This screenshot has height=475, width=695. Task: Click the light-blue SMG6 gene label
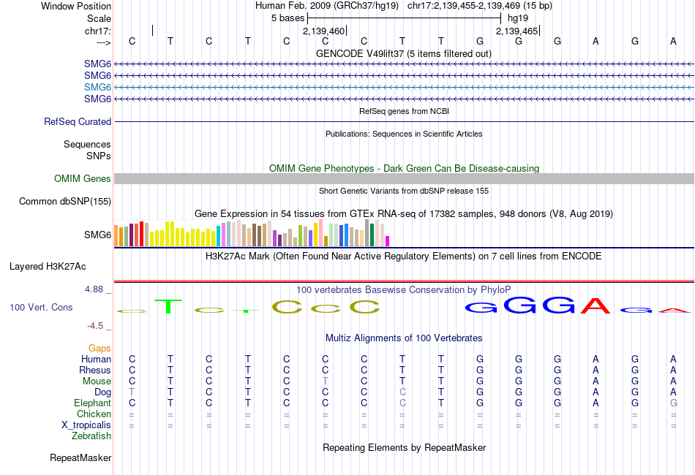tap(97, 87)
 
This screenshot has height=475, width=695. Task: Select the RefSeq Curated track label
tap(78, 122)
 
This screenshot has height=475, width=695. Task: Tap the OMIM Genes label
tap(83, 178)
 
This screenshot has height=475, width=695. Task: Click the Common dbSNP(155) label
tap(65, 201)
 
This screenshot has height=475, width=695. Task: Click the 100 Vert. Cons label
tap(41, 308)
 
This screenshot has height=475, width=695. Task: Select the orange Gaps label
tap(99, 348)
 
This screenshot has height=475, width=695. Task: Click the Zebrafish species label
tap(91, 436)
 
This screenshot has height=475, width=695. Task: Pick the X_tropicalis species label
tap(86, 425)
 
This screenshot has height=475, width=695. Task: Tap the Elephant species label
tap(92, 403)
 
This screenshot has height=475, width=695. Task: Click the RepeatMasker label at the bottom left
tap(80, 458)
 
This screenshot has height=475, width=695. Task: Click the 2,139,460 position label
tap(323, 31)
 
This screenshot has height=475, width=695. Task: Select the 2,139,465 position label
tap(517, 31)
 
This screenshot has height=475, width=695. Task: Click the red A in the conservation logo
tap(596, 306)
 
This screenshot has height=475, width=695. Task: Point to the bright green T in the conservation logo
tap(170, 306)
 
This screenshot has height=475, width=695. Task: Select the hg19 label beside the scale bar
tap(518, 18)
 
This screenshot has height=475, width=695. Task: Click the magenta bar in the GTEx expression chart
tap(388, 240)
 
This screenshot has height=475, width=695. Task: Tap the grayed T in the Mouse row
tap(325, 381)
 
